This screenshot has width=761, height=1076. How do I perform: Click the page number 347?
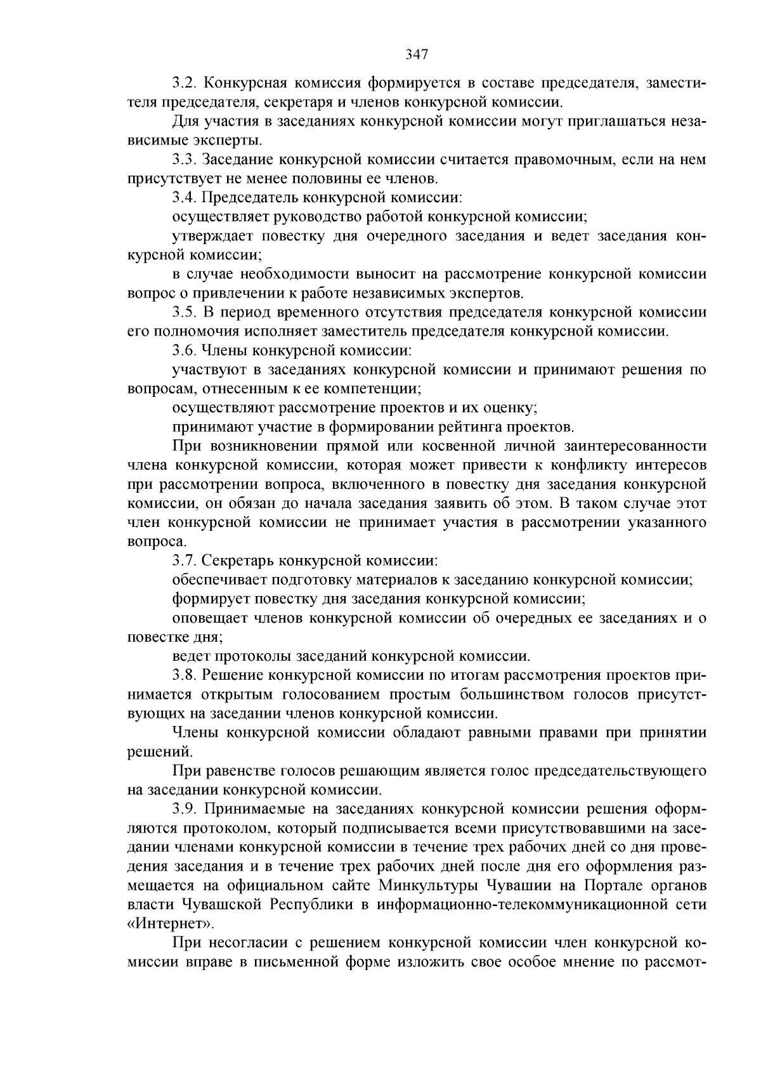(417, 55)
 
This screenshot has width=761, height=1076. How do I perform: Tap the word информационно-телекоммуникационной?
(511, 904)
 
